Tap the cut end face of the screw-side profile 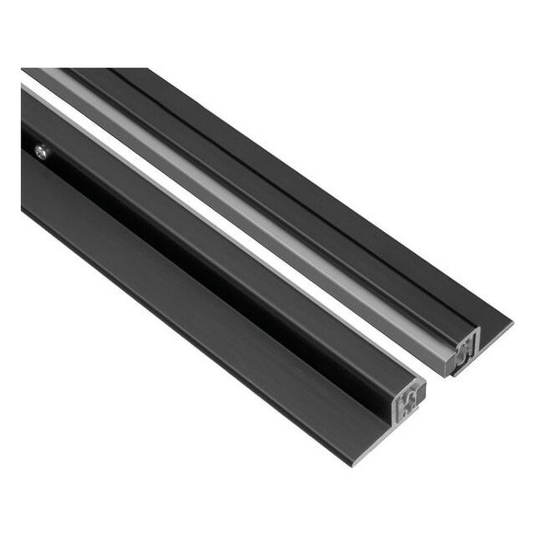point(409,399)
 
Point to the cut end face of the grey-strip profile point(464,349)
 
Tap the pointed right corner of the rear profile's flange point(512,324)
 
